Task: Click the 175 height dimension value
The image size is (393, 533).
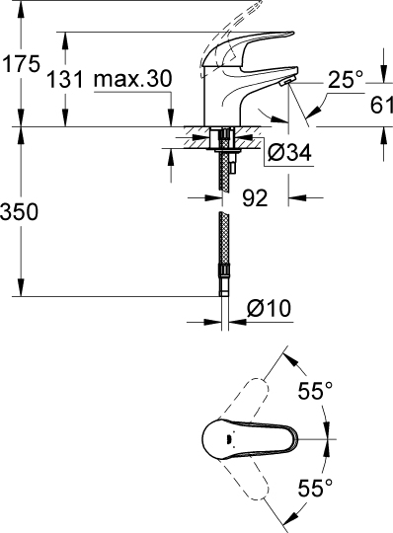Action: coord(20,64)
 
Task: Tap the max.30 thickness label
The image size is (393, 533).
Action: coord(132,80)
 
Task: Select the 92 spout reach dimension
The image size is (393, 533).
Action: coord(256,198)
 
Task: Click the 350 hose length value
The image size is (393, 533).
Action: coord(21,211)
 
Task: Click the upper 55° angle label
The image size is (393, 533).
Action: coord(315,392)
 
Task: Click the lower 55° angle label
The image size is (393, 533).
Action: coord(315,487)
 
